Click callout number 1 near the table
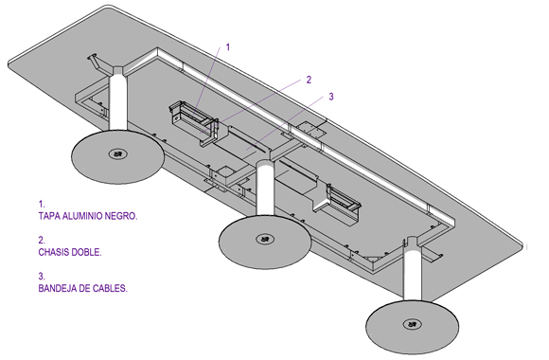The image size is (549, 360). [228, 47]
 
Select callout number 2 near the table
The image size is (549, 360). [309, 80]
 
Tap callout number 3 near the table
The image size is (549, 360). [331, 97]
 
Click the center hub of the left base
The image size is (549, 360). [117, 153]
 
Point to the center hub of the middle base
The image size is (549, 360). [265, 240]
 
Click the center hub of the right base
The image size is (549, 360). [412, 324]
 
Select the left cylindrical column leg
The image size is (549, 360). [118, 99]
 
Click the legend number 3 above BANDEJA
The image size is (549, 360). [42, 277]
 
